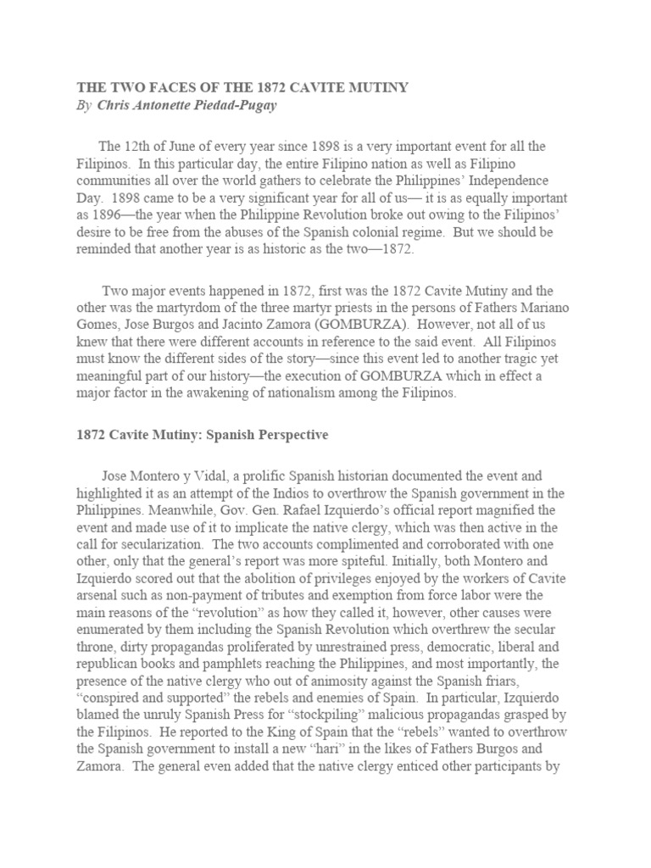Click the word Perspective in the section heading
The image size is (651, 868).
[286, 435]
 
